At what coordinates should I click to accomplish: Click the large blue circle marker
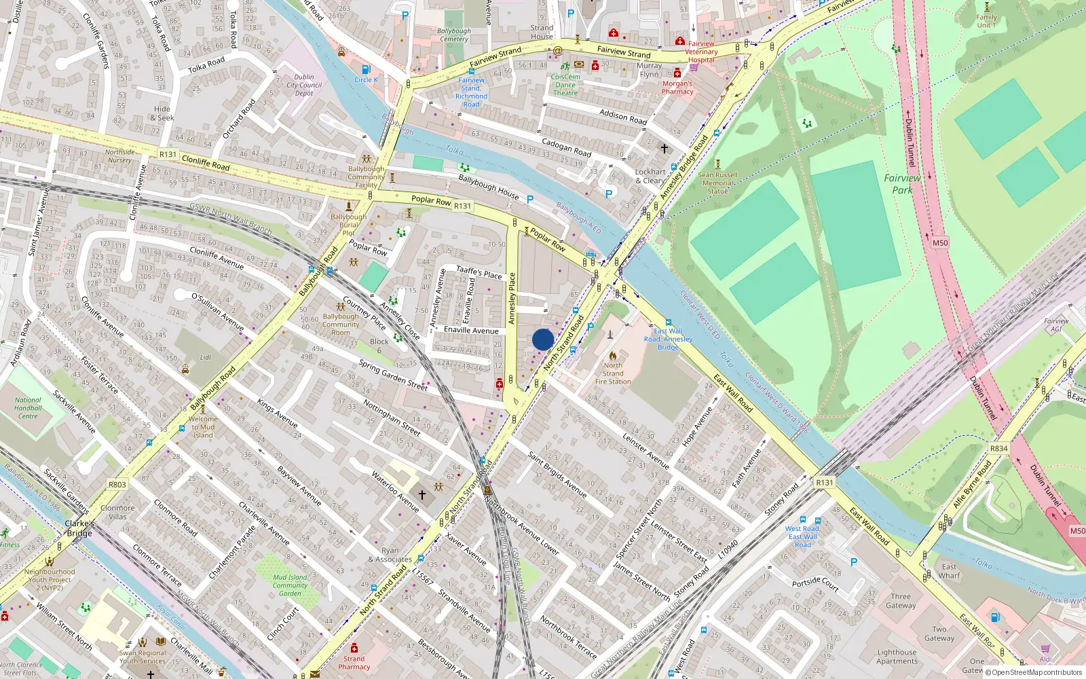pyautogui.click(x=543, y=339)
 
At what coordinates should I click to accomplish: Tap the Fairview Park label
pyautogui.click(x=902, y=184)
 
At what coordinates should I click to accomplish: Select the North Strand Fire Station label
pyautogui.click(x=613, y=373)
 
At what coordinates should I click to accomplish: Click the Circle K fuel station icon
pyautogui.click(x=367, y=70)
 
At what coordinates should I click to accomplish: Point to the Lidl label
pyautogui.click(x=205, y=357)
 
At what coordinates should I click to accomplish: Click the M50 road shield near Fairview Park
pyautogui.click(x=939, y=242)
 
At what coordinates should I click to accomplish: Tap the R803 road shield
pyautogui.click(x=117, y=484)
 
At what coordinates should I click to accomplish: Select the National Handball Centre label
pyautogui.click(x=28, y=408)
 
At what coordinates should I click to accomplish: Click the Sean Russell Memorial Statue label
pyautogui.click(x=717, y=183)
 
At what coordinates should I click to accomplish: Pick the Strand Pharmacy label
pyautogui.click(x=354, y=663)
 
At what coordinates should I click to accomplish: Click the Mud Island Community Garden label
pyautogui.click(x=290, y=585)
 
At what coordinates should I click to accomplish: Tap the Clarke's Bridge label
pyautogui.click(x=79, y=528)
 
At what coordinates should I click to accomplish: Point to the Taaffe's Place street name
pyautogui.click(x=479, y=272)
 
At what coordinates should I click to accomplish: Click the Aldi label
pyautogui.click(x=1045, y=659)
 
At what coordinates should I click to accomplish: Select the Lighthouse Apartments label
pyautogui.click(x=896, y=657)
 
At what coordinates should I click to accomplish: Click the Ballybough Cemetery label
pyautogui.click(x=453, y=35)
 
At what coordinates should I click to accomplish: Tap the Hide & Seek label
pyautogui.click(x=162, y=113)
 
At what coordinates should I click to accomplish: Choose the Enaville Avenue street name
pyautogui.click(x=471, y=330)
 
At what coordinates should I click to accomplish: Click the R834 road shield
pyautogui.click(x=998, y=448)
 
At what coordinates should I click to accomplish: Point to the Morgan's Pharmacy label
pyautogui.click(x=677, y=88)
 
